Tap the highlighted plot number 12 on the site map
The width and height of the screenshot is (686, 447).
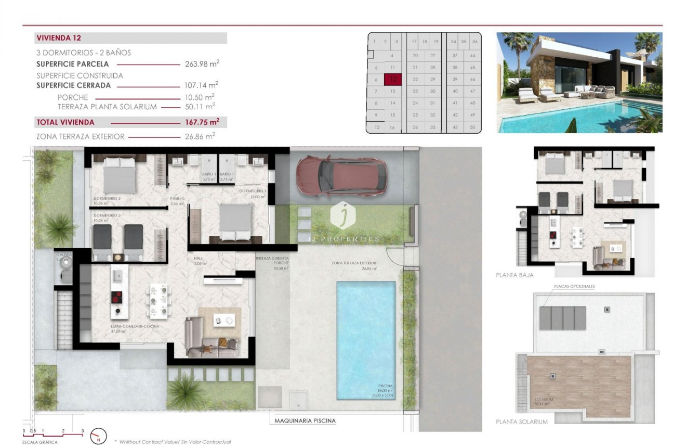(393, 80)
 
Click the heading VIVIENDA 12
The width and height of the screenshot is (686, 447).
(58, 38)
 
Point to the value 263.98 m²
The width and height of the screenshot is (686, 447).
(202, 64)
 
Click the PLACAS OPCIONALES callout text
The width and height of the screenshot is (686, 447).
(574, 286)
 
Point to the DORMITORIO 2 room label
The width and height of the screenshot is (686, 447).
(107, 199)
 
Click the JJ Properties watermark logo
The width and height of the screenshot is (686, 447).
(342, 215)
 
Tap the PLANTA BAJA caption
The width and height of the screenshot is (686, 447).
(514, 275)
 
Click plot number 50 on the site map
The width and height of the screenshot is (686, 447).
(472, 127)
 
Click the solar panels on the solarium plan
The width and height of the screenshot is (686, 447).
(563, 317)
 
